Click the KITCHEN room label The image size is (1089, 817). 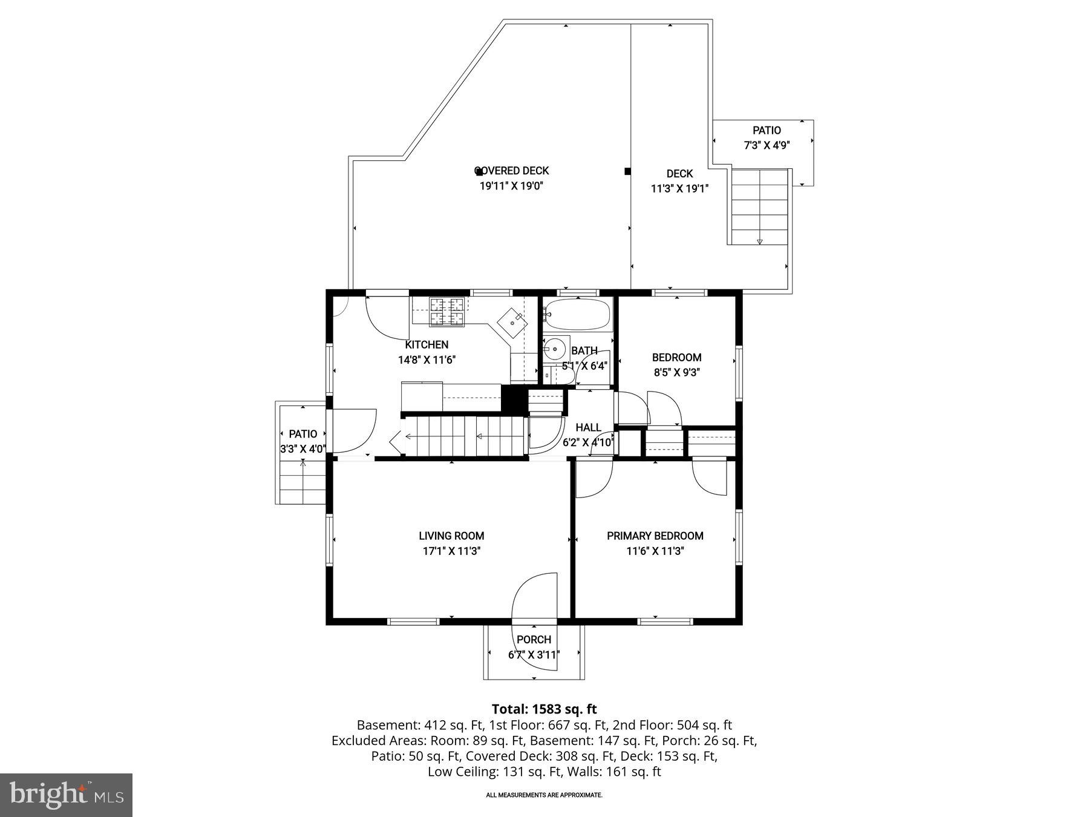pyautogui.click(x=427, y=344)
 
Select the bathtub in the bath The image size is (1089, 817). pyautogui.click(x=578, y=314)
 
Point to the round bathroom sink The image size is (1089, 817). pyautogui.click(x=555, y=349)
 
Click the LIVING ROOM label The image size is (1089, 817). pyautogui.click(x=451, y=536)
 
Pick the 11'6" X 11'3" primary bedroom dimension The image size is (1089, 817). pyautogui.click(x=655, y=551)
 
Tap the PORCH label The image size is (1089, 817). pyautogui.click(x=534, y=639)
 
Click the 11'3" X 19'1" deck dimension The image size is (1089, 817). pyautogui.click(x=679, y=189)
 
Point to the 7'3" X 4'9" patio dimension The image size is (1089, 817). pyautogui.click(x=767, y=145)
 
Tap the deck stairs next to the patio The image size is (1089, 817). pyautogui.click(x=759, y=206)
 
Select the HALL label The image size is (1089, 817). pyautogui.click(x=588, y=427)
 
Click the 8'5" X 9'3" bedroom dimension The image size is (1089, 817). pyautogui.click(x=676, y=373)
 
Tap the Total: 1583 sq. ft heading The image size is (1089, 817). pyautogui.click(x=544, y=709)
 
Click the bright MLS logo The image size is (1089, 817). pyautogui.click(x=66, y=795)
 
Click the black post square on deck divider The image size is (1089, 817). pyautogui.click(x=627, y=171)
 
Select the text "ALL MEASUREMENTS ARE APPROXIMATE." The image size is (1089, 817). pyautogui.click(x=544, y=795)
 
